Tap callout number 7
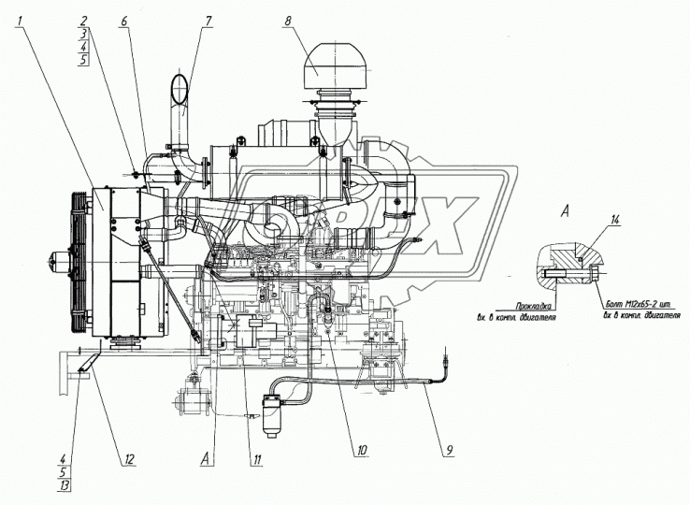click(x=208, y=20)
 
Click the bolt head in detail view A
click(x=597, y=274)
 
